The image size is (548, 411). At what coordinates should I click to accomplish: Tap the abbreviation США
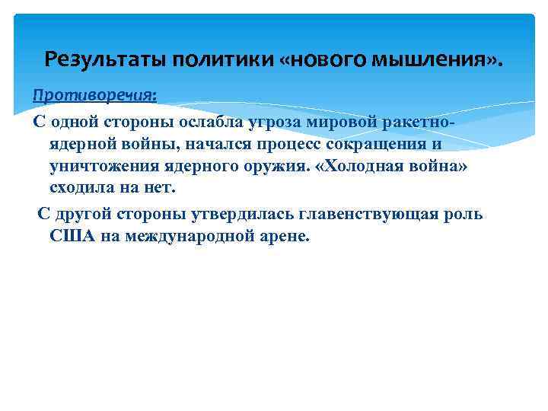73,236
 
